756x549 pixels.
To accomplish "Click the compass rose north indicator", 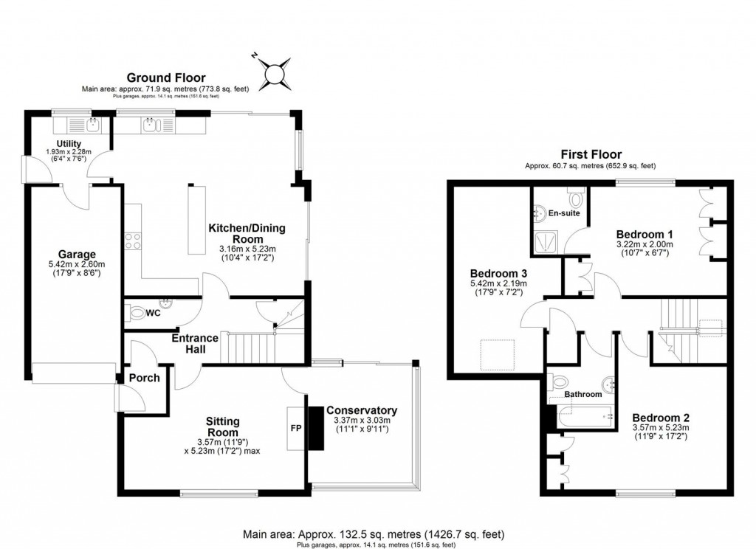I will point(274,72).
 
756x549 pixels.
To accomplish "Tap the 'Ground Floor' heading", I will point(166,77).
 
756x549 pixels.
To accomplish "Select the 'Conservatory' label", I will point(362,410).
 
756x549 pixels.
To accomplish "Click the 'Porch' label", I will point(144,378).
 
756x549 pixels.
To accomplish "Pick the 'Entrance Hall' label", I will point(195,343).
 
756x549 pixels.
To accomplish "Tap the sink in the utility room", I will point(92,123).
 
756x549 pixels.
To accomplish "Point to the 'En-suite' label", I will point(563,213).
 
